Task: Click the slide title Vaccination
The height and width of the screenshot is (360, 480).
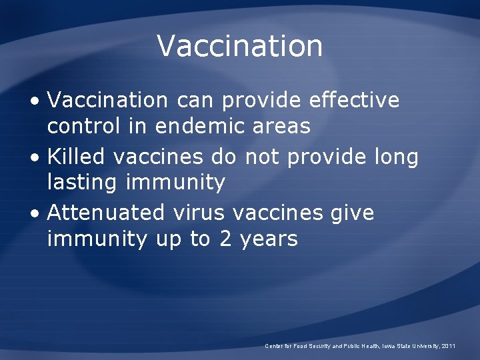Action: click(x=240, y=45)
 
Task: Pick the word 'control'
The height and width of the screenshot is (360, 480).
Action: click(x=83, y=125)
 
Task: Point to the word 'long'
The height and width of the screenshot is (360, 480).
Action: click(x=396, y=158)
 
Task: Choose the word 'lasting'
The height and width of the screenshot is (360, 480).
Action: click(x=83, y=182)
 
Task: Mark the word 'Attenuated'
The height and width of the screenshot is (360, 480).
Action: click(x=106, y=213)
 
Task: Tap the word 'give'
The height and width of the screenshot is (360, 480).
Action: click(x=351, y=214)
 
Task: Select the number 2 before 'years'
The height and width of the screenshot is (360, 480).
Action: click(x=227, y=239)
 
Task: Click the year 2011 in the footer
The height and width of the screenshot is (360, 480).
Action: click(x=449, y=346)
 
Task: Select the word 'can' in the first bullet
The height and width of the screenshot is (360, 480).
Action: click(x=195, y=101)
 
